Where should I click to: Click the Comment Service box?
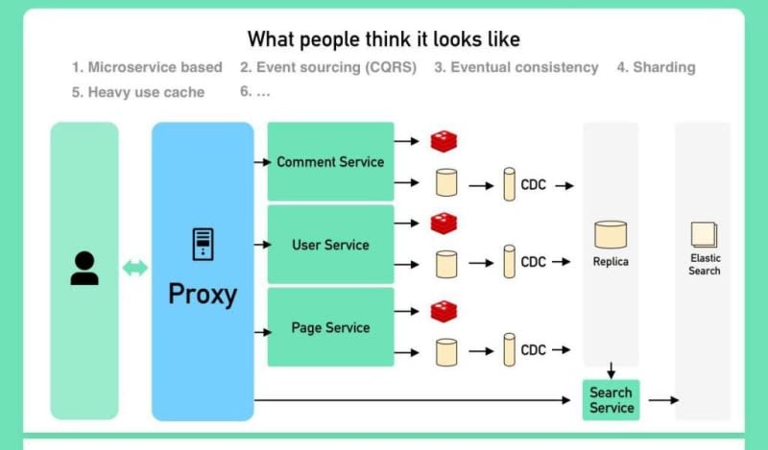pos(330,161)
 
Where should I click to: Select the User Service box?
pos(330,245)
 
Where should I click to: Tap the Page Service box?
pos(330,327)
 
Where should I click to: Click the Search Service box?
pos(611,400)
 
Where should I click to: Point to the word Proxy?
pos(203,295)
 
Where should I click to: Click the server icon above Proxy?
pos(203,245)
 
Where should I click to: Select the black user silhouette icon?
pos(84,268)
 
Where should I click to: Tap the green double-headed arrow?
pos(134,268)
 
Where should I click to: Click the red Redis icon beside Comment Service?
pos(444,141)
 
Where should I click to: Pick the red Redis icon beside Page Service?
pos(444,312)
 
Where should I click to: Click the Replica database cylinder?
pos(611,234)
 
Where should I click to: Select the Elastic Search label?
pos(705,265)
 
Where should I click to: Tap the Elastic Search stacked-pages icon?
pos(705,234)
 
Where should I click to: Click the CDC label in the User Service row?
pos(534,262)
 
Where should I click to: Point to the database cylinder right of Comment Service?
pos(446,182)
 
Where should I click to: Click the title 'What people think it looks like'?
pos(383,38)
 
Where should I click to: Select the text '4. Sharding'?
pos(656,67)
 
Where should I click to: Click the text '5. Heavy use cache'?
pos(138,92)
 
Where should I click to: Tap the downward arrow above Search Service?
pos(611,370)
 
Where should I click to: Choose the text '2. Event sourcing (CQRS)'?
pos(328,67)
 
